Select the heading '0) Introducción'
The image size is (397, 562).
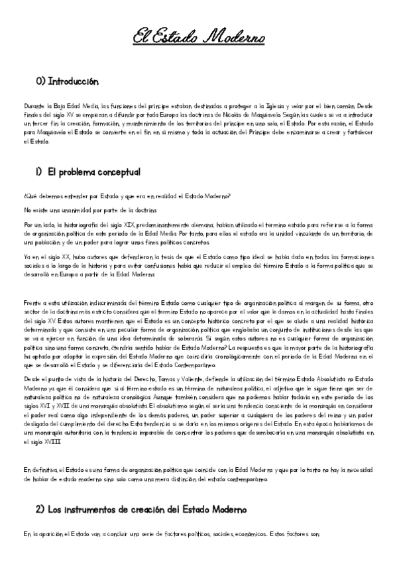67,82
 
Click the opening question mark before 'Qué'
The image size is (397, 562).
24,196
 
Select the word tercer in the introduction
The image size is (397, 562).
40,123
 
